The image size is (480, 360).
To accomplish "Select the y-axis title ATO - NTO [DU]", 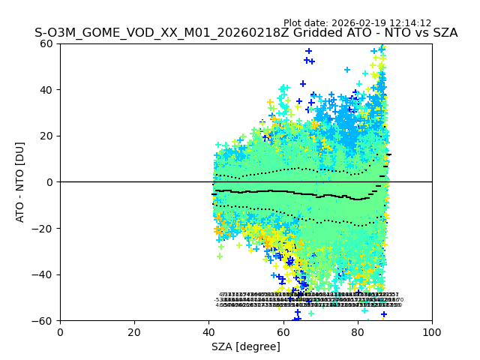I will click(20, 182).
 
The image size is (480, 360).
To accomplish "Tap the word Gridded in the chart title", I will click(311, 33).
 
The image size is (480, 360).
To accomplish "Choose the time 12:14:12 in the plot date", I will click(411, 23).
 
